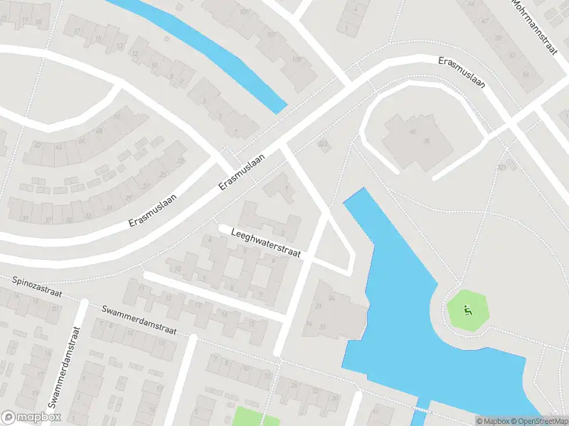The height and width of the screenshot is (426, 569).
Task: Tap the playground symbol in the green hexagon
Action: (467, 310)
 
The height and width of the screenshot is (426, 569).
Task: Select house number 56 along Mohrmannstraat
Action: (526, 73)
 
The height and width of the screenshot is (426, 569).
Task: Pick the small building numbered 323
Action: (503, 168)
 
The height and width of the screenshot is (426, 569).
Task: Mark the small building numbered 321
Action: (324, 144)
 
